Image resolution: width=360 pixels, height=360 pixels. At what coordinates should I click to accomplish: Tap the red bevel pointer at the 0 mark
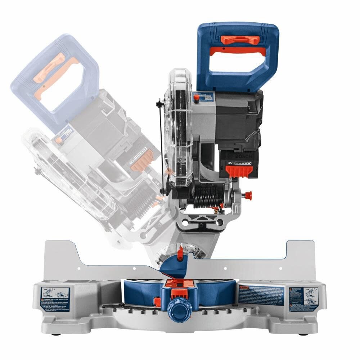(x=180, y=252)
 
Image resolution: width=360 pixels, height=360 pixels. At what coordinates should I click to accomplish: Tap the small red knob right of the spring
(x=248, y=195)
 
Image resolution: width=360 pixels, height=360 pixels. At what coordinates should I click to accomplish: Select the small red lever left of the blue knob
(x=157, y=300)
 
